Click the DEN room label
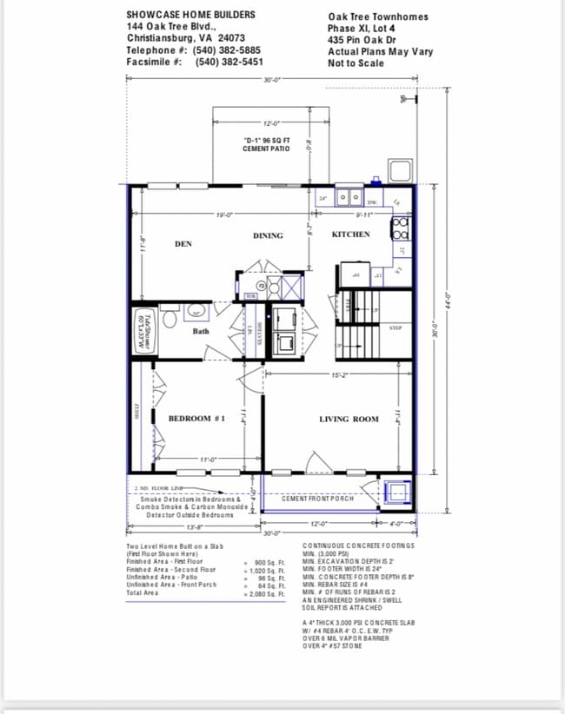[183, 244]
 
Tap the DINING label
[268, 235]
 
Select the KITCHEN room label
[350, 235]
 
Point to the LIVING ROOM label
[349, 419]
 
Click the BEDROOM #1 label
[196, 419]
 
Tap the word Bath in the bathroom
[201, 331]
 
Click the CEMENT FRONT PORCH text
[317, 499]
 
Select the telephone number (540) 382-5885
[228, 50]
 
